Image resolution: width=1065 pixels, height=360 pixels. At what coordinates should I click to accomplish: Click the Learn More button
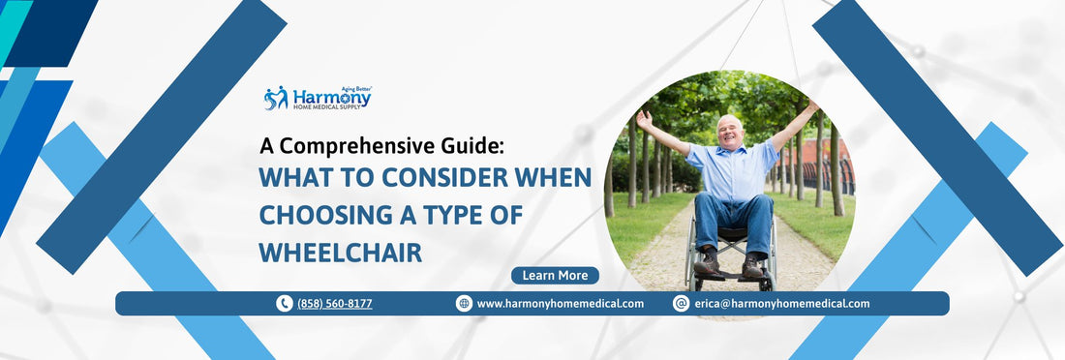[555, 276]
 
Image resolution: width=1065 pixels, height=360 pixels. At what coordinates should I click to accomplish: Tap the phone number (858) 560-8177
[334, 304]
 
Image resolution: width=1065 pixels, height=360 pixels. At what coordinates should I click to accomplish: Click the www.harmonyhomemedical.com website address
[560, 304]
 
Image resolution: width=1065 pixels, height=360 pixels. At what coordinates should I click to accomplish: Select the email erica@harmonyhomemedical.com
[781, 304]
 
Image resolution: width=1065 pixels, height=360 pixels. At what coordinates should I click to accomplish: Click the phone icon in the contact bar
[284, 304]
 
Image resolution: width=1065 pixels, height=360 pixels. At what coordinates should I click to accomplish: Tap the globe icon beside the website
[464, 304]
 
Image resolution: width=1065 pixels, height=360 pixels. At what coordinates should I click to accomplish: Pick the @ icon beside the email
[681, 304]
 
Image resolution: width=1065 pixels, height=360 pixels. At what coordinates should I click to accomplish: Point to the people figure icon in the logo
[276, 98]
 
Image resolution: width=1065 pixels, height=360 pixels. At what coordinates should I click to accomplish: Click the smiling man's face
[730, 130]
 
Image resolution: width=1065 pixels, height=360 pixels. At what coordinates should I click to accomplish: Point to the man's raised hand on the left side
[644, 116]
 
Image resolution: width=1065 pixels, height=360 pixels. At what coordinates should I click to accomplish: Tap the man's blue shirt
[733, 170]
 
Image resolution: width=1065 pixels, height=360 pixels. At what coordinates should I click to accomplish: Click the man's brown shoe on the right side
[752, 267]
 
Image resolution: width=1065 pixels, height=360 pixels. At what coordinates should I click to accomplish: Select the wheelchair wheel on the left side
[689, 256]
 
